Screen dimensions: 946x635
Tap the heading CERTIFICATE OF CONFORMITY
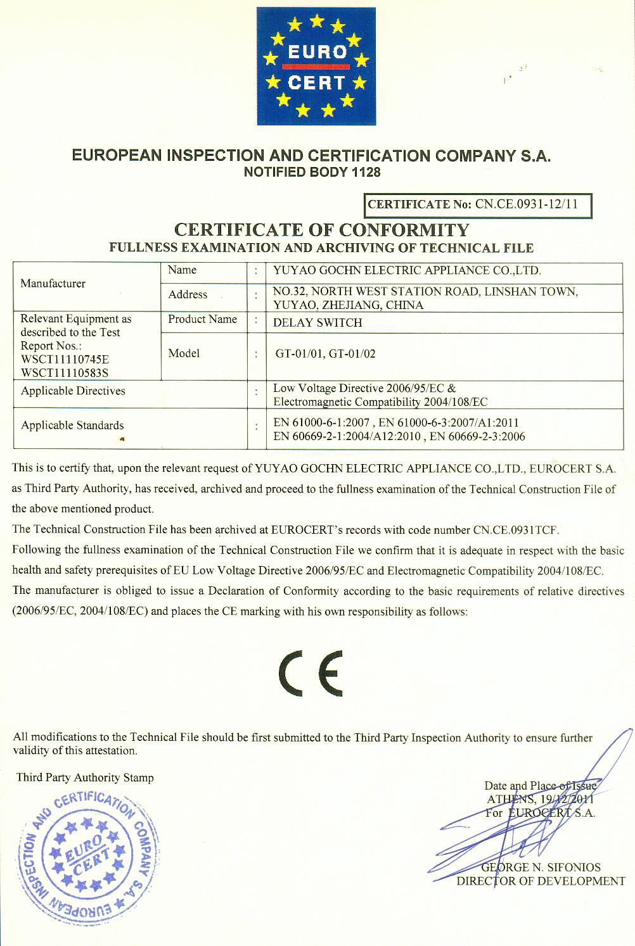tap(321, 230)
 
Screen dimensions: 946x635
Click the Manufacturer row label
tap(53, 283)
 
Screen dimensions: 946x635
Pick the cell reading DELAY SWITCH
tap(317, 322)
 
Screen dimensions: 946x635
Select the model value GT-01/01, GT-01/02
tap(325, 354)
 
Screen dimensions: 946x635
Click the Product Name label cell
tap(202, 319)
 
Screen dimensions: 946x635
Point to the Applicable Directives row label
tap(73, 391)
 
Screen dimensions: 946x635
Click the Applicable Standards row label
tap(72, 426)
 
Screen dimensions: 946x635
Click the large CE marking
tap(310, 672)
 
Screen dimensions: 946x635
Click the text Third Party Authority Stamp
tap(85, 778)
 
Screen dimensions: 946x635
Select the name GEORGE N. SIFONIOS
tap(541, 867)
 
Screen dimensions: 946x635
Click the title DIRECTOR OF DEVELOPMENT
tap(541, 881)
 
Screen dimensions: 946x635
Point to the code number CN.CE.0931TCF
tap(516, 529)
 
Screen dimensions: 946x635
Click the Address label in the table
tap(188, 294)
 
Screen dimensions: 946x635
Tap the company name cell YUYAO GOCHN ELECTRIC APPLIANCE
tap(406, 270)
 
